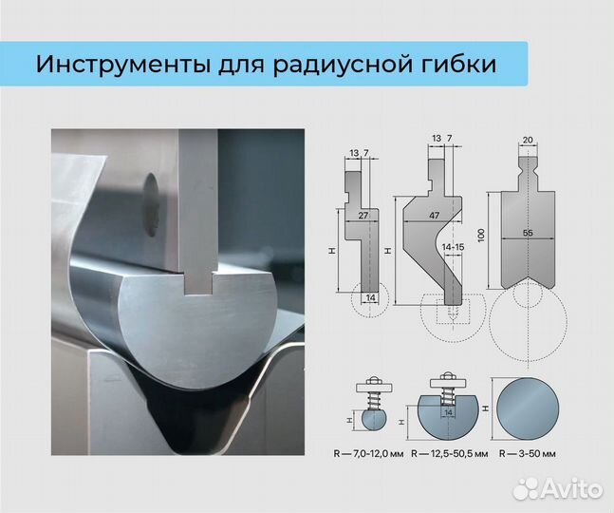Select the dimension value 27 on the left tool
tap(363, 217)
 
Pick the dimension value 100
tap(482, 233)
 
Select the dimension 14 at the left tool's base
tap(371, 298)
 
